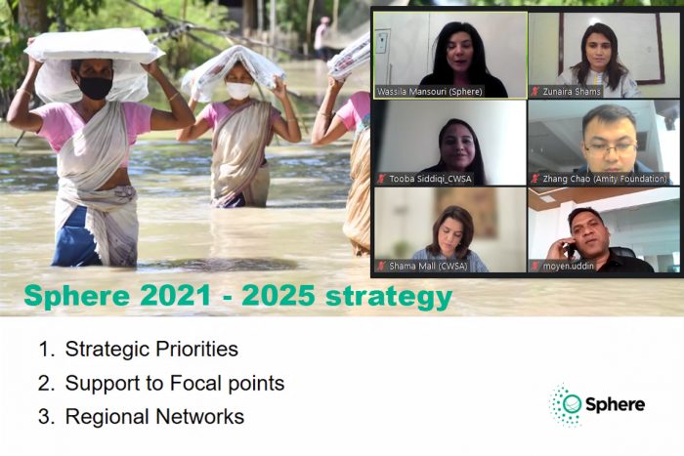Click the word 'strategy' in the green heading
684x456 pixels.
click(389, 297)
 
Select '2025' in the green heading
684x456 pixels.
click(278, 296)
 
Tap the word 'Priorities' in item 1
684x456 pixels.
click(196, 349)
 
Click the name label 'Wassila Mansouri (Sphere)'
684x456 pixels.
click(430, 92)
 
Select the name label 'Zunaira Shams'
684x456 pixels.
click(572, 92)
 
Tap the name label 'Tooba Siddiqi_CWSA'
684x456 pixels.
click(430, 179)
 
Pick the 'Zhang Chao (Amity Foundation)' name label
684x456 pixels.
click(605, 179)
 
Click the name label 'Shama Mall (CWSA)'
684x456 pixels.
click(428, 266)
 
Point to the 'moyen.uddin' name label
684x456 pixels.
click(569, 266)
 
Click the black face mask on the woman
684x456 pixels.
click(95, 87)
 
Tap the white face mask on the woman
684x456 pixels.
click(238, 90)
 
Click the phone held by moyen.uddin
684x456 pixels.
click(571, 250)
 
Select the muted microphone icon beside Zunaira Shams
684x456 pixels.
click(535, 92)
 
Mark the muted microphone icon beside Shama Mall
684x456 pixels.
click(382, 266)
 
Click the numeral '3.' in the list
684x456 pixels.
click(47, 417)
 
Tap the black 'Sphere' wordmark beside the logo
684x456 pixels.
click(615, 404)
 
